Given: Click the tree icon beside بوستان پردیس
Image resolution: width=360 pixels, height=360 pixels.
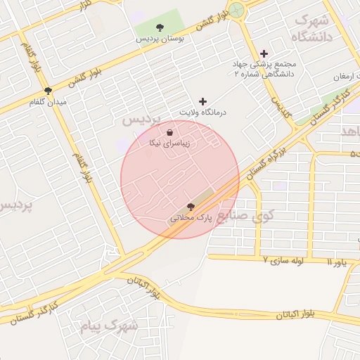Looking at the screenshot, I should [161, 28].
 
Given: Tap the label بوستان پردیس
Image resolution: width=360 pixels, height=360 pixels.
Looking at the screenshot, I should [161, 39].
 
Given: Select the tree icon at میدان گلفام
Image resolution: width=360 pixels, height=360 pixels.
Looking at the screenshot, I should [48, 91].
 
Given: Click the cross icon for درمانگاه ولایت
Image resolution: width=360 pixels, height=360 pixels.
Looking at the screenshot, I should [204, 102].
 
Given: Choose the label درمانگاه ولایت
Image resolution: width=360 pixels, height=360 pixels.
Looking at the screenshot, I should [203, 112].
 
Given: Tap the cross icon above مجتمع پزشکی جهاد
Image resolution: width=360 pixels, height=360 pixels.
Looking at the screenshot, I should [264, 53].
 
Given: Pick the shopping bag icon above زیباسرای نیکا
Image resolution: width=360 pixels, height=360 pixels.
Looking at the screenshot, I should [170, 132].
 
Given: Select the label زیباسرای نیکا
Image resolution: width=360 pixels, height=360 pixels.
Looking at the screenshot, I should [170, 143].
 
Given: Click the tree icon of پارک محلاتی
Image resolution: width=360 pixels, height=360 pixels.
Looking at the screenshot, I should [191, 206].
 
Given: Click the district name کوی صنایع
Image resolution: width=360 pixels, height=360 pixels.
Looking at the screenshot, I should [243, 216].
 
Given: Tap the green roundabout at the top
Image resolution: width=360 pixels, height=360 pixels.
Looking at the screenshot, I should [237, 10].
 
